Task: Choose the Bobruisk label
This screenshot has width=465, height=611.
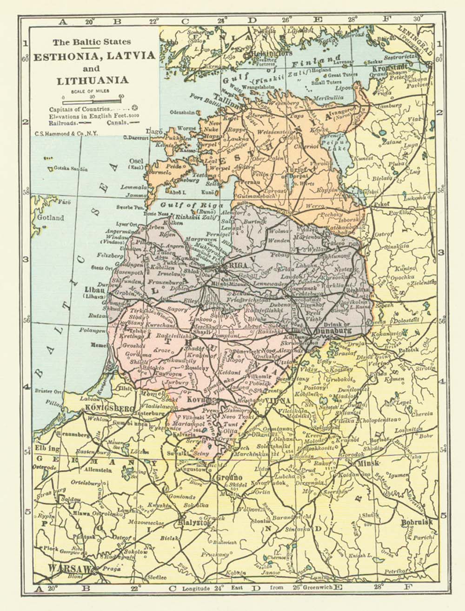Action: pos(417,522)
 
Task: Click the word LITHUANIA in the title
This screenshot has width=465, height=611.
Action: pos(93,80)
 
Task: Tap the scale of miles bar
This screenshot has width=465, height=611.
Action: pos(92,97)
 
